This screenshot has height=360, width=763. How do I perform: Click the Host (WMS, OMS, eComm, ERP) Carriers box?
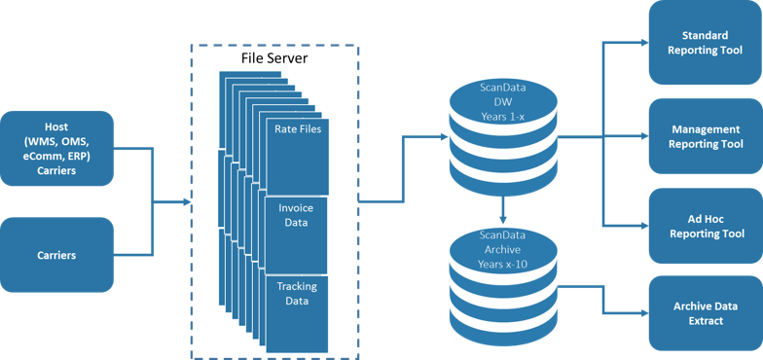pyautogui.click(x=55, y=149)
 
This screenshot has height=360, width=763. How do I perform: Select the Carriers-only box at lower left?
pyautogui.click(x=55, y=256)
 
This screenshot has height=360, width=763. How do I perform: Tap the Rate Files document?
pyautogui.click(x=298, y=156)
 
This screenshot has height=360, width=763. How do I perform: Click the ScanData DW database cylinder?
pyautogui.click(x=502, y=136)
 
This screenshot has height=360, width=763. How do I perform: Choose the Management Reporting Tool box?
pyautogui.click(x=705, y=137)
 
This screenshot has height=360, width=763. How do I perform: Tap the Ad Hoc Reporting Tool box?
pyautogui.click(x=705, y=227)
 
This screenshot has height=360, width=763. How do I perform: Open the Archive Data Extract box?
pyautogui.click(x=705, y=313)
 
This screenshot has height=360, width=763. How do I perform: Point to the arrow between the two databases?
pyautogui.click(x=502, y=210)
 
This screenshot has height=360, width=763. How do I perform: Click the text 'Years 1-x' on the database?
pyautogui.click(x=502, y=115)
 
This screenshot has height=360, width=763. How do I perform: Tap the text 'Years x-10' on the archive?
pyautogui.click(x=502, y=264)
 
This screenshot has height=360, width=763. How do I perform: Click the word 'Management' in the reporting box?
pyautogui.click(x=707, y=129)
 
